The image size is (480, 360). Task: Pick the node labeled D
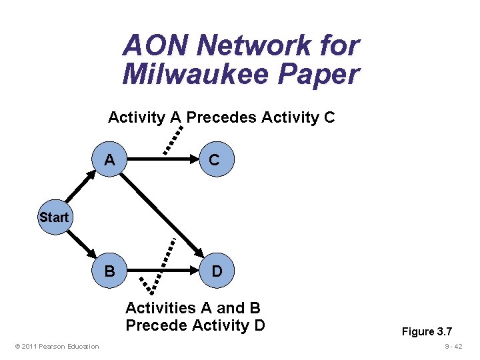(x=217, y=272)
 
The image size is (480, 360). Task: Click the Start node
(x=53, y=217)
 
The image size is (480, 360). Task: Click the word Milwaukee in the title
(x=202, y=74)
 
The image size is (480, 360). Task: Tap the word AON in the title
(x=156, y=45)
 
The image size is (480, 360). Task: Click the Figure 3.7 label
(x=426, y=331)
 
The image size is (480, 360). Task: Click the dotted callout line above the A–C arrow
(x=174, y=138)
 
